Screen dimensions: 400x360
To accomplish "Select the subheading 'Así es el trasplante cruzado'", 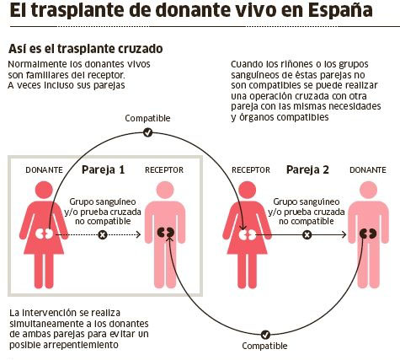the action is pos(86,49).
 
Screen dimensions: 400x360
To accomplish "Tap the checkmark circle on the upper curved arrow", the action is pos(147,132).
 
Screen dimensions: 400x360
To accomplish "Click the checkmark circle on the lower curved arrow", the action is pos(265,335).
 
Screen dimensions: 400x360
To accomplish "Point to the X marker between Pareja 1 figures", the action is pos(103,234).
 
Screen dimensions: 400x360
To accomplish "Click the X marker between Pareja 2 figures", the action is pos(307,234).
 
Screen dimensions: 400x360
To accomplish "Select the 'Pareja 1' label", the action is pos(103,169).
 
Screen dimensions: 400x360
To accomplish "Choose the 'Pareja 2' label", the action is pos(307,169).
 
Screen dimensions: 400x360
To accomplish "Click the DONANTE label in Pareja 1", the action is pos(44,170).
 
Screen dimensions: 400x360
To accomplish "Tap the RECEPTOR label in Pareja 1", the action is pos(164,170).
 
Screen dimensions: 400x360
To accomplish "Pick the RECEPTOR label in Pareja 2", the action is pos(251,170).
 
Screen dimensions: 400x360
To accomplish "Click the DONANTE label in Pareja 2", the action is pos(368,170).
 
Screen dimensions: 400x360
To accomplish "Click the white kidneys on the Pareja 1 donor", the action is pos(45,234).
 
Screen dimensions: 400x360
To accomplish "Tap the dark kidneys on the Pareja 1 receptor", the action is pos(165,233).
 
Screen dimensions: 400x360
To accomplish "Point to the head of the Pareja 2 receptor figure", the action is pos(247,190).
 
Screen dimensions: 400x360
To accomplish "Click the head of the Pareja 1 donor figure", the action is pos(44,190).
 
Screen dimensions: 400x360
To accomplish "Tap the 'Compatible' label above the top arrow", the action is pos(147,118).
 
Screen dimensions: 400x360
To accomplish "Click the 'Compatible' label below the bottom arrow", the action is pos(264,346).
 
